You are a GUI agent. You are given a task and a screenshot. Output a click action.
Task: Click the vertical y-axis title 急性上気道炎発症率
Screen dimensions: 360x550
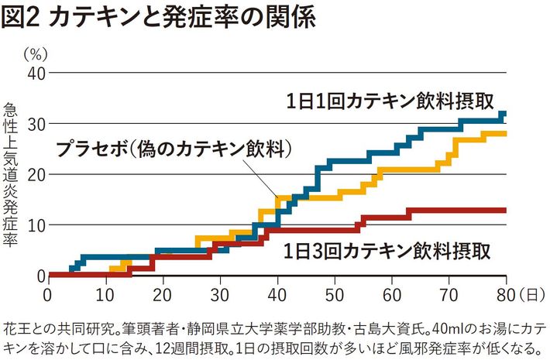click(10, 173)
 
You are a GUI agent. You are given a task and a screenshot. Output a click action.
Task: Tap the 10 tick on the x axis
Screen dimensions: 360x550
click(105, 295)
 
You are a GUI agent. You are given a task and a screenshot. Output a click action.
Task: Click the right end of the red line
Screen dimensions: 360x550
click(506, 210)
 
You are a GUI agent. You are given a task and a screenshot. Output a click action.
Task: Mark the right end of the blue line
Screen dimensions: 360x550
click(505, 114)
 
